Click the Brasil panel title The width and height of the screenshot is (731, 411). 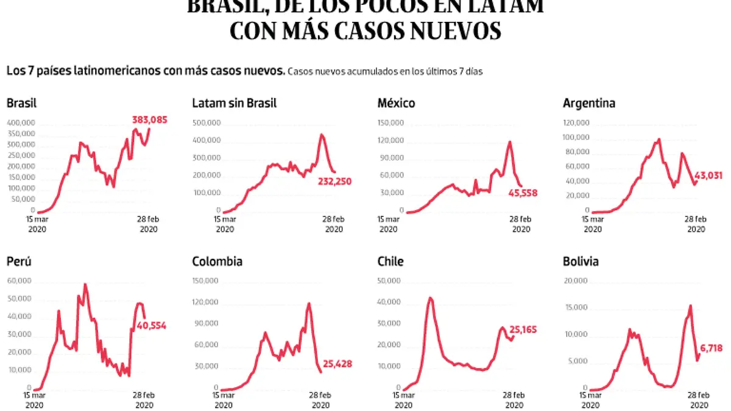pos(22,104)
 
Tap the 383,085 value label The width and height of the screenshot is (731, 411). pos(149,120)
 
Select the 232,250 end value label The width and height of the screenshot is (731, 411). pos(334,181)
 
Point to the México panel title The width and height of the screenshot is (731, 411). pos(396,104)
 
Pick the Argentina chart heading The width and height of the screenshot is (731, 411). pos(589,104)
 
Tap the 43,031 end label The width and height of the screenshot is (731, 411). pos(708,176)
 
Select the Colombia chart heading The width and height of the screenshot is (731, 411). pos(217,262)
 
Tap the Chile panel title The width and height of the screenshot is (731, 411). pos(390,262)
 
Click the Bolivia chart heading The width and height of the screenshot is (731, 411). pos(581,262)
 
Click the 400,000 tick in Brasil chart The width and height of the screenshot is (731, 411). pos(22,123)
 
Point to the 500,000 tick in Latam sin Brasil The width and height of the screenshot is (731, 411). pos(208,123)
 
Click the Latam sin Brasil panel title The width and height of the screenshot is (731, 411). pos(234,104)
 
